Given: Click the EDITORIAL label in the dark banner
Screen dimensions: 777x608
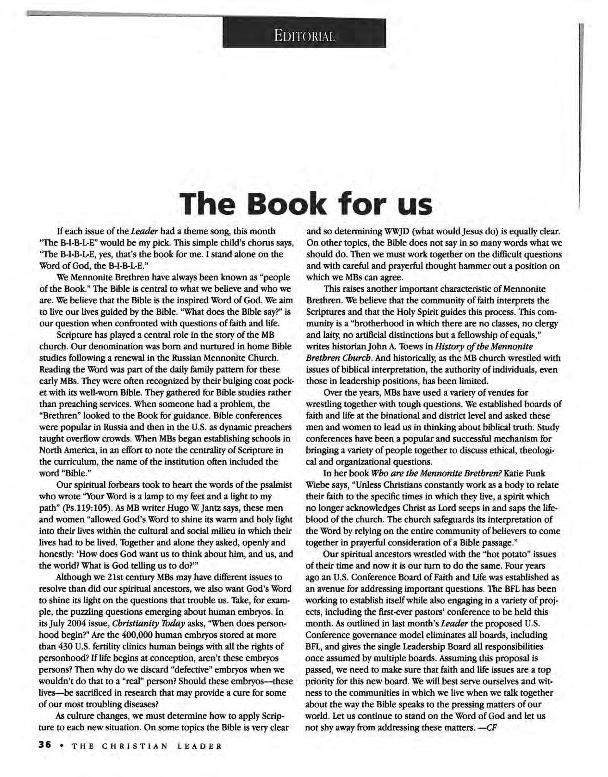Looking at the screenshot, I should pyautogui.click(x=304, y=36).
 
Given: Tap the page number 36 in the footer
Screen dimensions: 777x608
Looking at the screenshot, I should pyautogui.click(x=44, y=745).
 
